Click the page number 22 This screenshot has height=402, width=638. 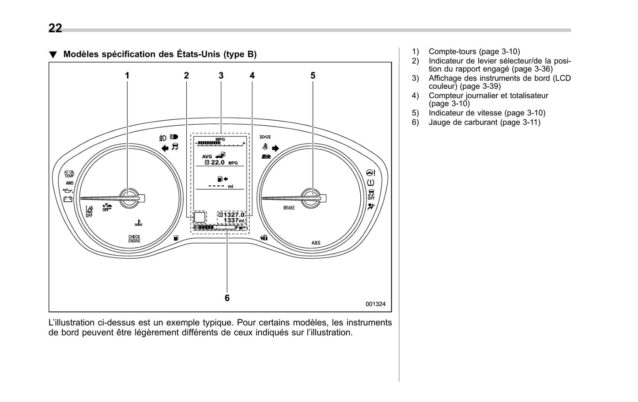[55, 28]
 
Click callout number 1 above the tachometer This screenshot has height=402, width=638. [127, 76]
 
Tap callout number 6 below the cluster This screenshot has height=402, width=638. [227, 298]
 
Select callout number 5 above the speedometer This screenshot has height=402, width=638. [313, 76]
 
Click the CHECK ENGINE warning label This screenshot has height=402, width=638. [134, 239]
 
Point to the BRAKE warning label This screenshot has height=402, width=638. [289, 208]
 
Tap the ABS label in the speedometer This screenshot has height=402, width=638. [316, 243]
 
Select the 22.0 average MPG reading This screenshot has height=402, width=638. [217, 163]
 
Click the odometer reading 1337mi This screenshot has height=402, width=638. [234, 220]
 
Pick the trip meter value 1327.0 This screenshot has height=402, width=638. [234, 214]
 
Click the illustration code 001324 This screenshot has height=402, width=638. [375, 304]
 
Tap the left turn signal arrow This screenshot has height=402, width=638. [165, 148]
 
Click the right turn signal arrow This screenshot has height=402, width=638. [276, 149]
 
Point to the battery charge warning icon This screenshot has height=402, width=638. [68, 199]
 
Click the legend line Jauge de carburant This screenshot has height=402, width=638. [484, 122]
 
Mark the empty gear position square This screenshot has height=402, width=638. [200, 217]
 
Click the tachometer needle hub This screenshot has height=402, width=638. [129, 197]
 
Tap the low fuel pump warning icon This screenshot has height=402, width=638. [176, 237]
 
